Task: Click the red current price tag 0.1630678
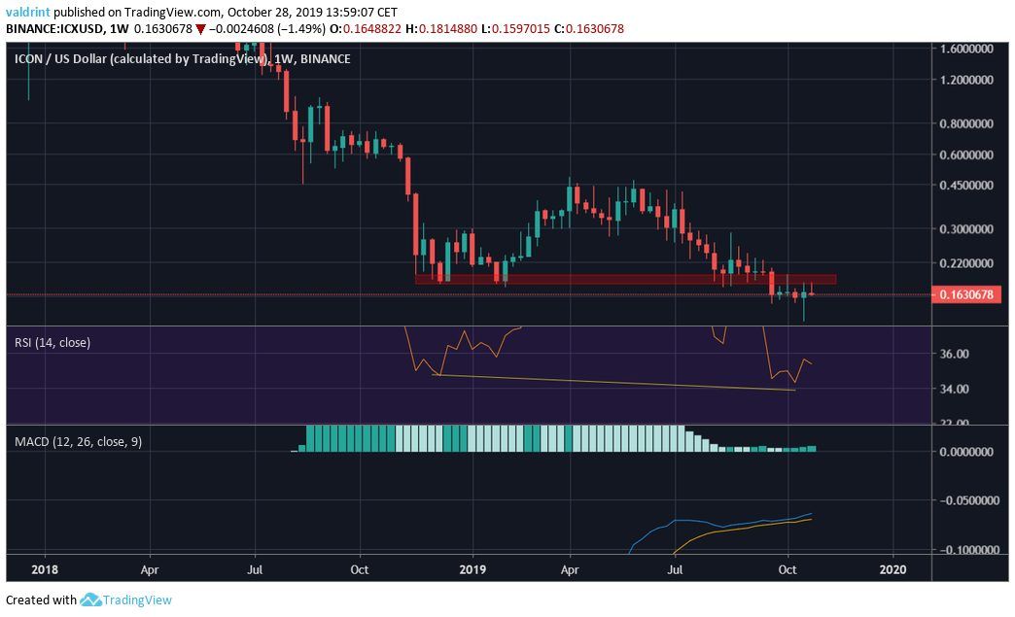point(972,294)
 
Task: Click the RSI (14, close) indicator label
point(52,342)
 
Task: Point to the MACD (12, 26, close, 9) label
point(78,441)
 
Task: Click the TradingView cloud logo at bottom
point(91,600)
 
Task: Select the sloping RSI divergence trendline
point(612,382)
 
